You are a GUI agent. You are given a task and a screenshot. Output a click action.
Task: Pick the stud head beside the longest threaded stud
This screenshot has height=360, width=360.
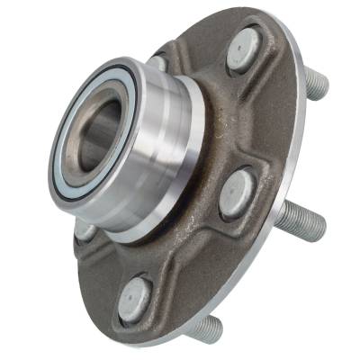pyautogui.click(x=237, y=192)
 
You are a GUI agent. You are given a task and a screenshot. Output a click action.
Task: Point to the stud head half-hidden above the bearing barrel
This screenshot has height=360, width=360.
pyautogui.click(x=158, y=63)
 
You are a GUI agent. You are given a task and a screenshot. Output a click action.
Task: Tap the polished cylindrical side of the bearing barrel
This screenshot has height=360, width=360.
pyautogui.click(x=166, y=135)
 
